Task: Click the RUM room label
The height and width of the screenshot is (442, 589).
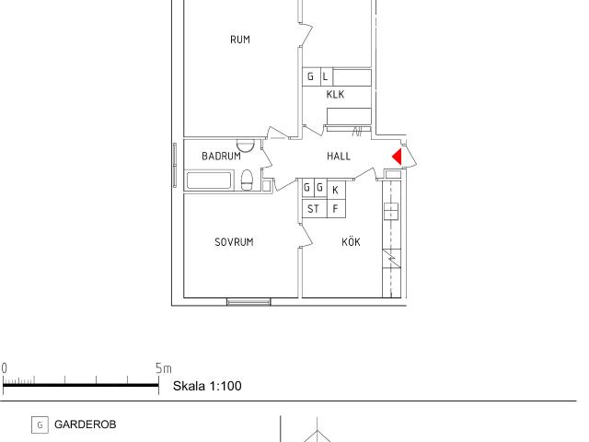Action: tap(240, 40)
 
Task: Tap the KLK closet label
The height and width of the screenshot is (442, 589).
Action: tap(335, 94)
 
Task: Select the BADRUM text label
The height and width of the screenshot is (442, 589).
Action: tap(221, 157)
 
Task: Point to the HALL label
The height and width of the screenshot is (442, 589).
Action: tap(339, 157)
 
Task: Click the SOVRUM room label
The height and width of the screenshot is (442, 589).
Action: tap(234, 242)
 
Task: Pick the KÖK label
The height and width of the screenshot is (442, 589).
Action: tap(351, 242)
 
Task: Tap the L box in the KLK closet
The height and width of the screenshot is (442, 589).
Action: tap(326, 77)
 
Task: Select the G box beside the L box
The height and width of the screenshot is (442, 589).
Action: tap(311, 77)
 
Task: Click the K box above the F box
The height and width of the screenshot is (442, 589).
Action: tap(336, 189)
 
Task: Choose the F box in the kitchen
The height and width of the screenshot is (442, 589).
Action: tap(336, 209)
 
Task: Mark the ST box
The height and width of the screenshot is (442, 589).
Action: tap(313, 209)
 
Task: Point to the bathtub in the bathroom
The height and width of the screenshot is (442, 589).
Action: tap(211, 180)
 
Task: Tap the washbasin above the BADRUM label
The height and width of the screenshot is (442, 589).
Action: tap(245, 145)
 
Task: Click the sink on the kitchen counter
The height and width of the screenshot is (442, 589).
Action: tap(391, 211)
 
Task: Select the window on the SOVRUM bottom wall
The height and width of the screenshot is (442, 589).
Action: tap(248, 301)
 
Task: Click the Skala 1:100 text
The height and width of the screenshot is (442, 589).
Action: tap(207, 386)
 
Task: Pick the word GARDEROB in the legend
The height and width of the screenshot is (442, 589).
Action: tap(85, 425)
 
